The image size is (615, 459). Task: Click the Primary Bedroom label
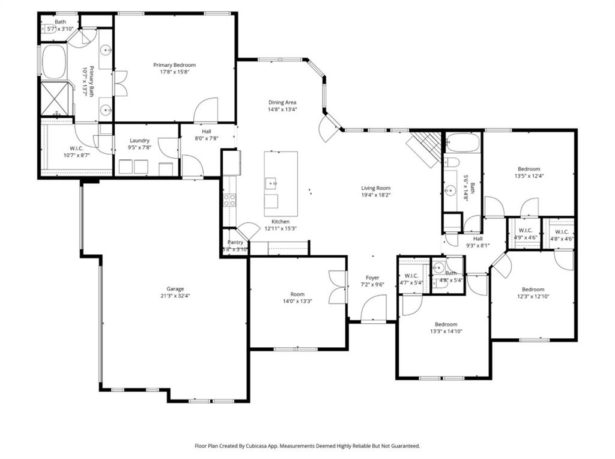tap(174, 65)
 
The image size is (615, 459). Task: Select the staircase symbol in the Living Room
tap(427, 147)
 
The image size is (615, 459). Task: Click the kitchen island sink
tap(271, 182)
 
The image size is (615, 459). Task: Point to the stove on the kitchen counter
tap(229, 200)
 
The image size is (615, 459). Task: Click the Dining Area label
tap(282, 102)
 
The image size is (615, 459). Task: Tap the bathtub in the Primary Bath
tap(53, 62)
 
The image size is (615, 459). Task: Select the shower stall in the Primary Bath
tap(53, 99)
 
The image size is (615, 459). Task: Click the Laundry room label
tap(139, 141)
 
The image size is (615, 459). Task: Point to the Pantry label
tap(235, 242)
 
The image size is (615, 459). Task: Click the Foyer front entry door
tap(374, 309)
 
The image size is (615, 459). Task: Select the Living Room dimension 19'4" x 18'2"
tap(375, 195)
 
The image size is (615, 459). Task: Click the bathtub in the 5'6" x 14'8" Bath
tap(462, 143)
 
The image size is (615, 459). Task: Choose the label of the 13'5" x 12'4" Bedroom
tap(529, 169)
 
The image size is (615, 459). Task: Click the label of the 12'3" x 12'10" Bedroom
tap(532, 289)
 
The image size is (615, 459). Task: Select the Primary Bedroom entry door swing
tap(206, 109)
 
